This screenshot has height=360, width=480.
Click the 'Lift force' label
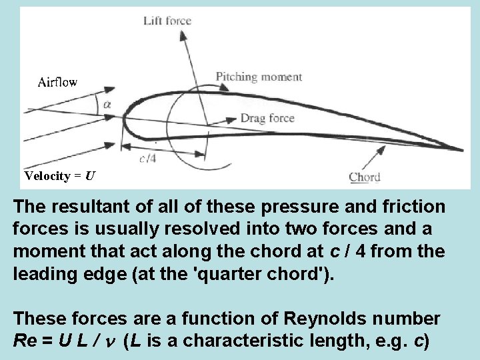tap(167, 21)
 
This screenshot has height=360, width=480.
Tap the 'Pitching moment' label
tap(259, 77)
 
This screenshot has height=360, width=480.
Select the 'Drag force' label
tap(267, 119)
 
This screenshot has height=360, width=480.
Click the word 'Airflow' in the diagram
tap(57, 82)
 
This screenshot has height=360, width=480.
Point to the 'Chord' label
tap(365, 177)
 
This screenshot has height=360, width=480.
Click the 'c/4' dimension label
tap(148, 158)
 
